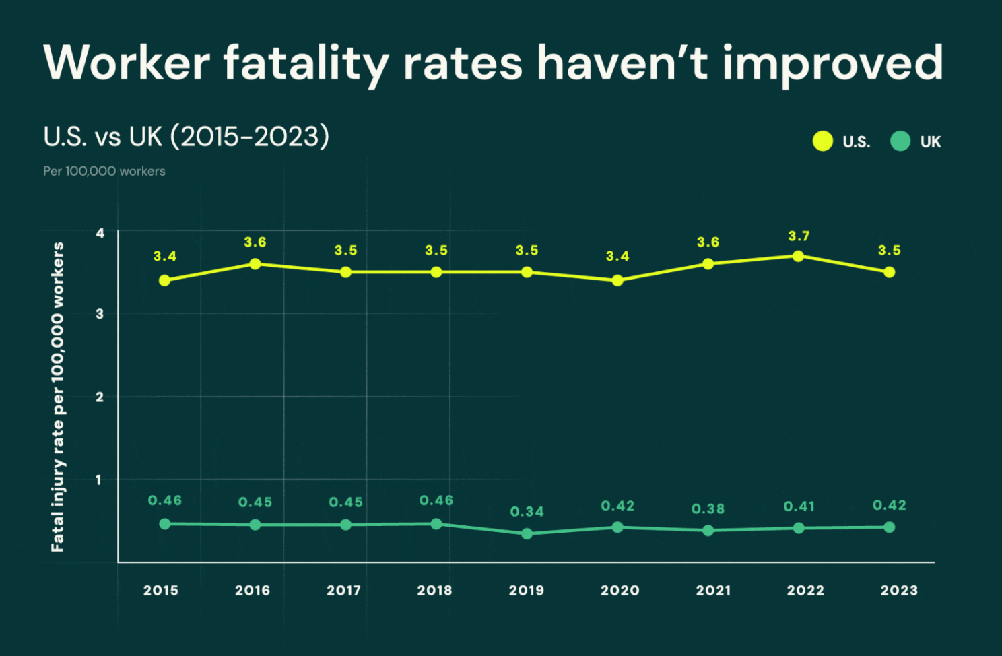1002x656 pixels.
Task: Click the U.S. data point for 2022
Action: point(798,256)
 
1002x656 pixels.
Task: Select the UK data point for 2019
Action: point(527,533)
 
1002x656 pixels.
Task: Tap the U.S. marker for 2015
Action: point(164,280)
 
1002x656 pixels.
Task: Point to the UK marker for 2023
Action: point(889,527)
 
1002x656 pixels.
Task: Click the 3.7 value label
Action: point(799,236)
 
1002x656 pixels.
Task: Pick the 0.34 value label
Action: point(527,512)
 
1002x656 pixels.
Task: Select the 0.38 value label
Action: point(708,509)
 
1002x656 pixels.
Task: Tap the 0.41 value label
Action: point(799,506)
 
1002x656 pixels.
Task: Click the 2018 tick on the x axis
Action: point(434,591)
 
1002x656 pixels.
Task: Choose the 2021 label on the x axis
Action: point(713,591)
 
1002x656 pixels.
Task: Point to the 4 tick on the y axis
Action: point(100,233)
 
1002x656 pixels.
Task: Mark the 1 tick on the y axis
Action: point(99,480)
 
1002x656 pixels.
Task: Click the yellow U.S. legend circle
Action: point(822,141)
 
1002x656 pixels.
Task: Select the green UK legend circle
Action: point(900,141)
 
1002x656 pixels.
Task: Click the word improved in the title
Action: point(832,63)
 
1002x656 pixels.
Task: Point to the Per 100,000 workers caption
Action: point(104,171)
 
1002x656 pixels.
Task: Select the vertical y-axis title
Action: point(58,397)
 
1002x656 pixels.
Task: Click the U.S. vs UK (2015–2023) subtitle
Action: point(187,137)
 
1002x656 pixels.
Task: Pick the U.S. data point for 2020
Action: point(617,280)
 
